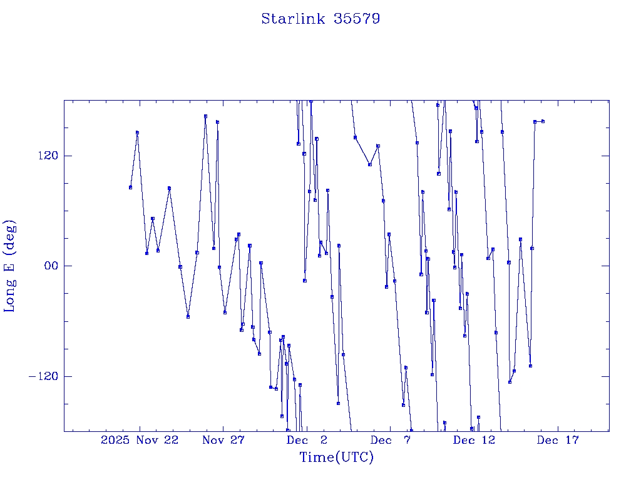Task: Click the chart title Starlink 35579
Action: [320, 19]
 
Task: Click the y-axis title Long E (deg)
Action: [10, 266]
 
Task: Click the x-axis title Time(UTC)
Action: [337, 457]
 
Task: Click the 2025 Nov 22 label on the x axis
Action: [140, 440]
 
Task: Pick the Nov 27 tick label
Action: [223, 440]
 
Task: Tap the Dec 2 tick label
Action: [307, 440]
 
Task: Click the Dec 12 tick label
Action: [474, 440]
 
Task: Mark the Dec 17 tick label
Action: [558, 440]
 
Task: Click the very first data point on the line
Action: [130, 187]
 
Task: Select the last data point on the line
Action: [543, 121]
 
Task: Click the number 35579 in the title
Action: [357, 19]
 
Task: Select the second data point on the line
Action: [137, 132]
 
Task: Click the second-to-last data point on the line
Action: [535, 122]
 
